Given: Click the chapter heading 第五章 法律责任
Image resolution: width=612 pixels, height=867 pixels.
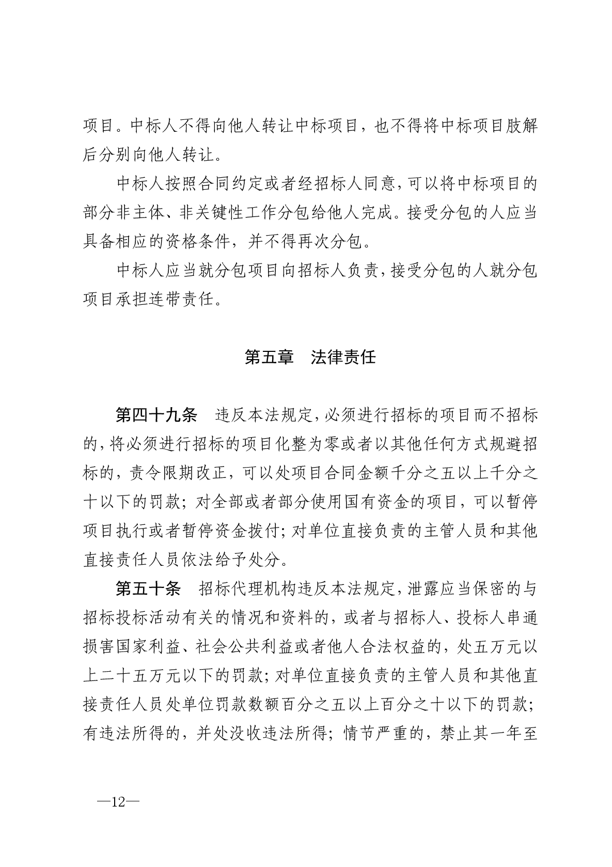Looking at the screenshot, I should [310, 357].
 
